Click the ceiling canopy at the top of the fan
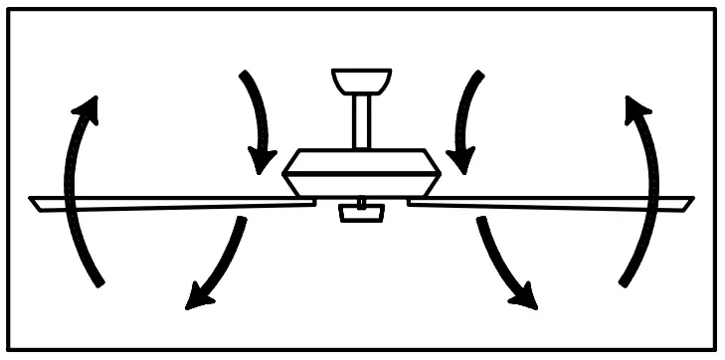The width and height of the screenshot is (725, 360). click(361, 81)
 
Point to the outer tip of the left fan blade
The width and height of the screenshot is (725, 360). click(35, 204)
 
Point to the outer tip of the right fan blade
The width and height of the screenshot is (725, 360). click(688, 204)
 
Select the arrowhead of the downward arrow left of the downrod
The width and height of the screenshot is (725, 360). click(264, 159)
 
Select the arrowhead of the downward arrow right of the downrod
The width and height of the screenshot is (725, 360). click(458, 159)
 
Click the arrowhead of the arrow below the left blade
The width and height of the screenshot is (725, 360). click(198, 298)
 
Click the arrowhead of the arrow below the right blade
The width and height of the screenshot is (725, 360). click(524, 298)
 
